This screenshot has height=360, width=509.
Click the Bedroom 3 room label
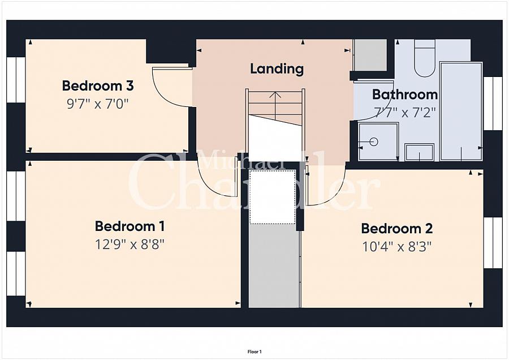click(98, 86)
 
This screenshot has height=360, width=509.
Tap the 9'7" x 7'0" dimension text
click(98, 104)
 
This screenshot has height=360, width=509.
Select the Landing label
click(277, 68)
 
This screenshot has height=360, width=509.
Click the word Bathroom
click(405, 95)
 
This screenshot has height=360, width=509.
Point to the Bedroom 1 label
click(130, 226)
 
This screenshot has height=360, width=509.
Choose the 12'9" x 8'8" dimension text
click(130, 245)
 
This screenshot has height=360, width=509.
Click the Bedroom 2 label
click(397, 229)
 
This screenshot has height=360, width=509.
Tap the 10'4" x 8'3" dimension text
click(397, 247)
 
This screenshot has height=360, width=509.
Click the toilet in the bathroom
click(425, 58)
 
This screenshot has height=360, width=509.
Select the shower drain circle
click(374, 142)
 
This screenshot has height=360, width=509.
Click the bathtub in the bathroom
click(461, 111)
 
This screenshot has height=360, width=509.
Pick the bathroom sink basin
click(420, 152)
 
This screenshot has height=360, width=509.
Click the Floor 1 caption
click(255, 352)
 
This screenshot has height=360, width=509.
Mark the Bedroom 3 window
click(16, 80)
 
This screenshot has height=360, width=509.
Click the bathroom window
click(493, 104)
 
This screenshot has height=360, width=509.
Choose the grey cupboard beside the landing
click(370, 55)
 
